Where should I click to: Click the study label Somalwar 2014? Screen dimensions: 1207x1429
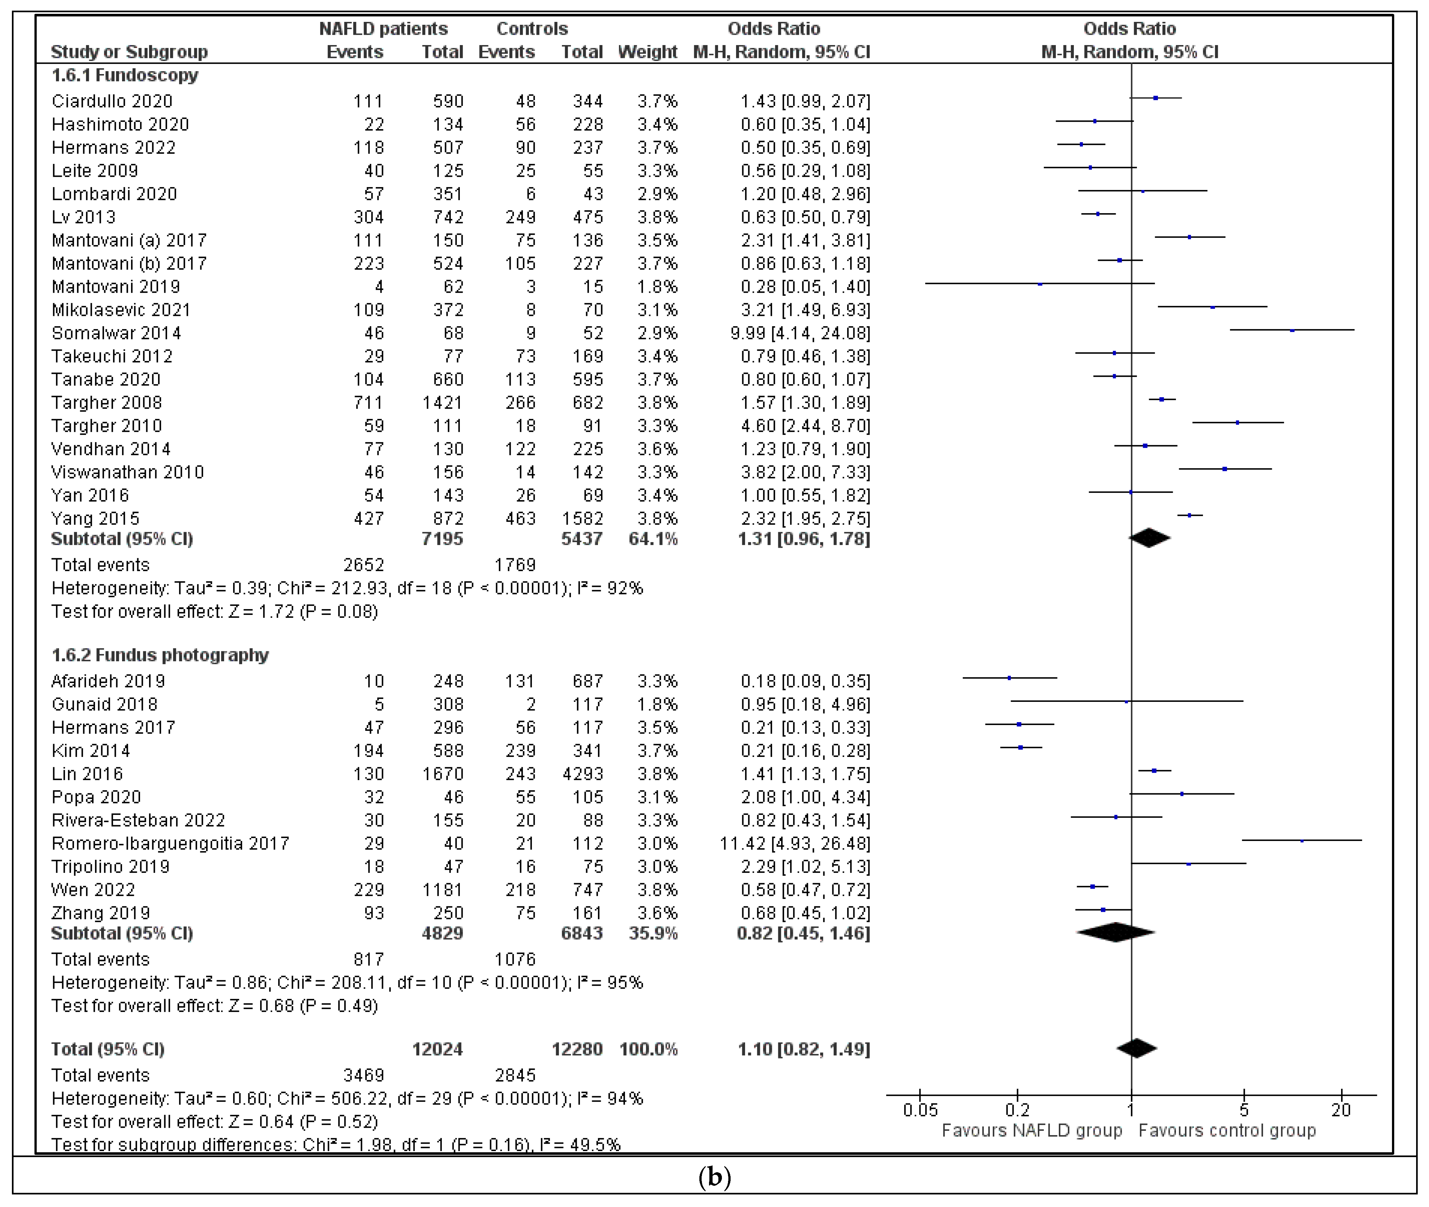(x=116, y=333)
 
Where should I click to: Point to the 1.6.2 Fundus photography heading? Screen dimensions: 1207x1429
(x=160, y=655)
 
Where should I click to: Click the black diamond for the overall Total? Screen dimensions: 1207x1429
(x=1136, y=1048)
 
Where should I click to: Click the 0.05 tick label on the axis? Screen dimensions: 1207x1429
(x=920, y=1110)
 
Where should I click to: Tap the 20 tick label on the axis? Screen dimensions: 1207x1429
(x=1341, y=1110)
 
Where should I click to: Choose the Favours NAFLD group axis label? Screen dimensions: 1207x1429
(x=1031, y=1130)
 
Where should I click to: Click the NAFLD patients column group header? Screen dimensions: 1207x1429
(x=383, y=29)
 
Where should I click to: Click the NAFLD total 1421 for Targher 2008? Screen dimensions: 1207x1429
(x=443, y=403)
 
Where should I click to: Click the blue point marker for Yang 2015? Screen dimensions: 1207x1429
(x=1189, y=515)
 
